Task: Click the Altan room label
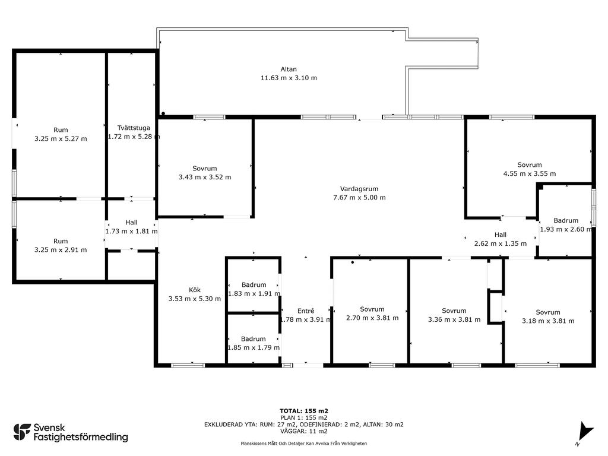coord(289,69)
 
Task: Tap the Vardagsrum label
coord(359,189)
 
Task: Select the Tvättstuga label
coord(134,128)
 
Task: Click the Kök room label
coord(195,290)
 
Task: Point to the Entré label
coord(306,311)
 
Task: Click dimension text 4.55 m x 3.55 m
coord(529,173)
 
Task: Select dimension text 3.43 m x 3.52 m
coord(205,177)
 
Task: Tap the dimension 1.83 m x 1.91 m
coord(254,293)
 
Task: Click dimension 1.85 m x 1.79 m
coord(253,347)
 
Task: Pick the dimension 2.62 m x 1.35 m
coord(500,243)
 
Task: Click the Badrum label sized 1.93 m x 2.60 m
coord(566,220)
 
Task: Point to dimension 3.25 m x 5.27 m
coord(61,138)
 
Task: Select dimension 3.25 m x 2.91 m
coord(61,250)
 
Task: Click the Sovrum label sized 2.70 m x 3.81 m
coord(372,309)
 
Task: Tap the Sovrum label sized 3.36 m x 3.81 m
coord(454,311)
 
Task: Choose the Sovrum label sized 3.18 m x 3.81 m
coord(548,312)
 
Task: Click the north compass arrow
coord(585,431)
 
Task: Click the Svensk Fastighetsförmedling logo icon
coord(22,432)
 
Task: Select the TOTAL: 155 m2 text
coord(304,411)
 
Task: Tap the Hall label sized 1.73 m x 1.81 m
coord(131,222)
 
